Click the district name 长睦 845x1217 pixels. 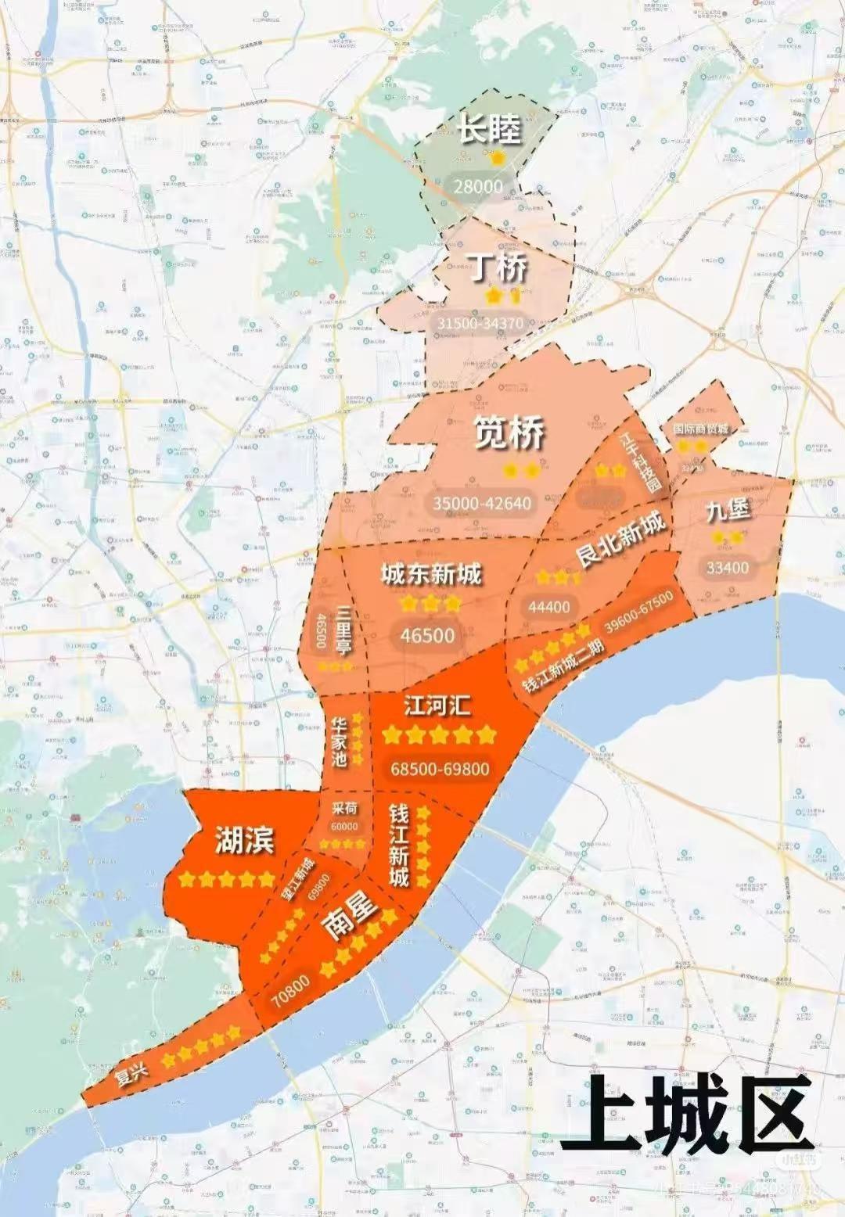(489, 129)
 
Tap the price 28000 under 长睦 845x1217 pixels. (478, 186)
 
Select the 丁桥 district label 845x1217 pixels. (498, 268)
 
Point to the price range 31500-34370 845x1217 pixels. (480, 323)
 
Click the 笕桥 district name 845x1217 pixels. (509, 433)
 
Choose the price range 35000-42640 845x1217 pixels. (482, 503)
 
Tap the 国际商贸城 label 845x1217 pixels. (701, 429)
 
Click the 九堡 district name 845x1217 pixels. (728, 511)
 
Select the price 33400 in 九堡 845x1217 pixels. (728, 567)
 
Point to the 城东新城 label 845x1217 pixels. (431, 575)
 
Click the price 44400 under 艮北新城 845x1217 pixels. (549, 606)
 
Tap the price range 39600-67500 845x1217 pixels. (638, 612)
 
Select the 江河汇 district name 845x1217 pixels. (437, 705)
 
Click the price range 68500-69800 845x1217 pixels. (440, 769)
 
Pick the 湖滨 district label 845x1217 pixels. (245, 840)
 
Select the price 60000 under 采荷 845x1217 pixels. (344, 827)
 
